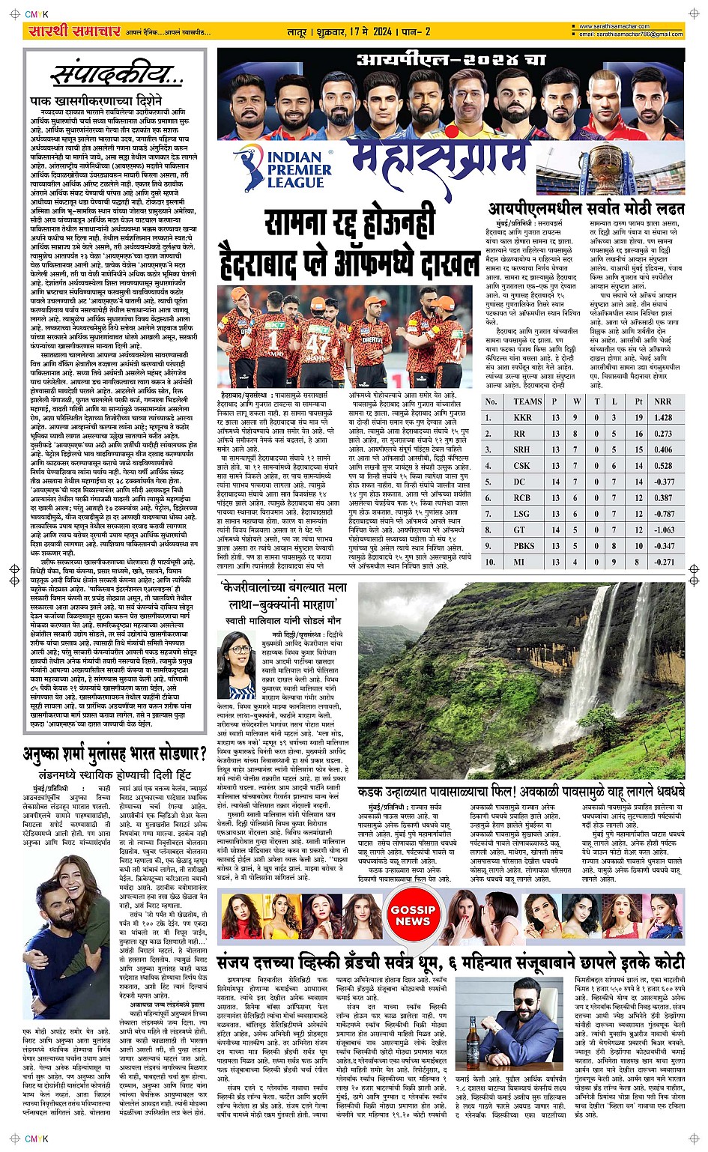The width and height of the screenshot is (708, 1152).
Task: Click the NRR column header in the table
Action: pos(662,401)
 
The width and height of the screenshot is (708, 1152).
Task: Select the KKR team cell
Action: pos(523,417)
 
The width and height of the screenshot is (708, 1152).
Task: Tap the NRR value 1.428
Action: pos(663,417)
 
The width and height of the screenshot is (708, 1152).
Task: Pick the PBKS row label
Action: pos(524,545)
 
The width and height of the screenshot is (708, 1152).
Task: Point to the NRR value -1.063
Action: pos(664,530)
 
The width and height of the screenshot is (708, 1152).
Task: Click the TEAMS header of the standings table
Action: pos(527,401)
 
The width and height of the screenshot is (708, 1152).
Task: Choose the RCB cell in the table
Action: pos(523,497)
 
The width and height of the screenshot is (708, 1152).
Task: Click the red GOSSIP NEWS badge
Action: pos(413,915)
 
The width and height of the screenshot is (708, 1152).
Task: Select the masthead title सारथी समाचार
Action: pos(73,31)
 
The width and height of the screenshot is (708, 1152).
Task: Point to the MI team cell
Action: pos(523,562)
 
